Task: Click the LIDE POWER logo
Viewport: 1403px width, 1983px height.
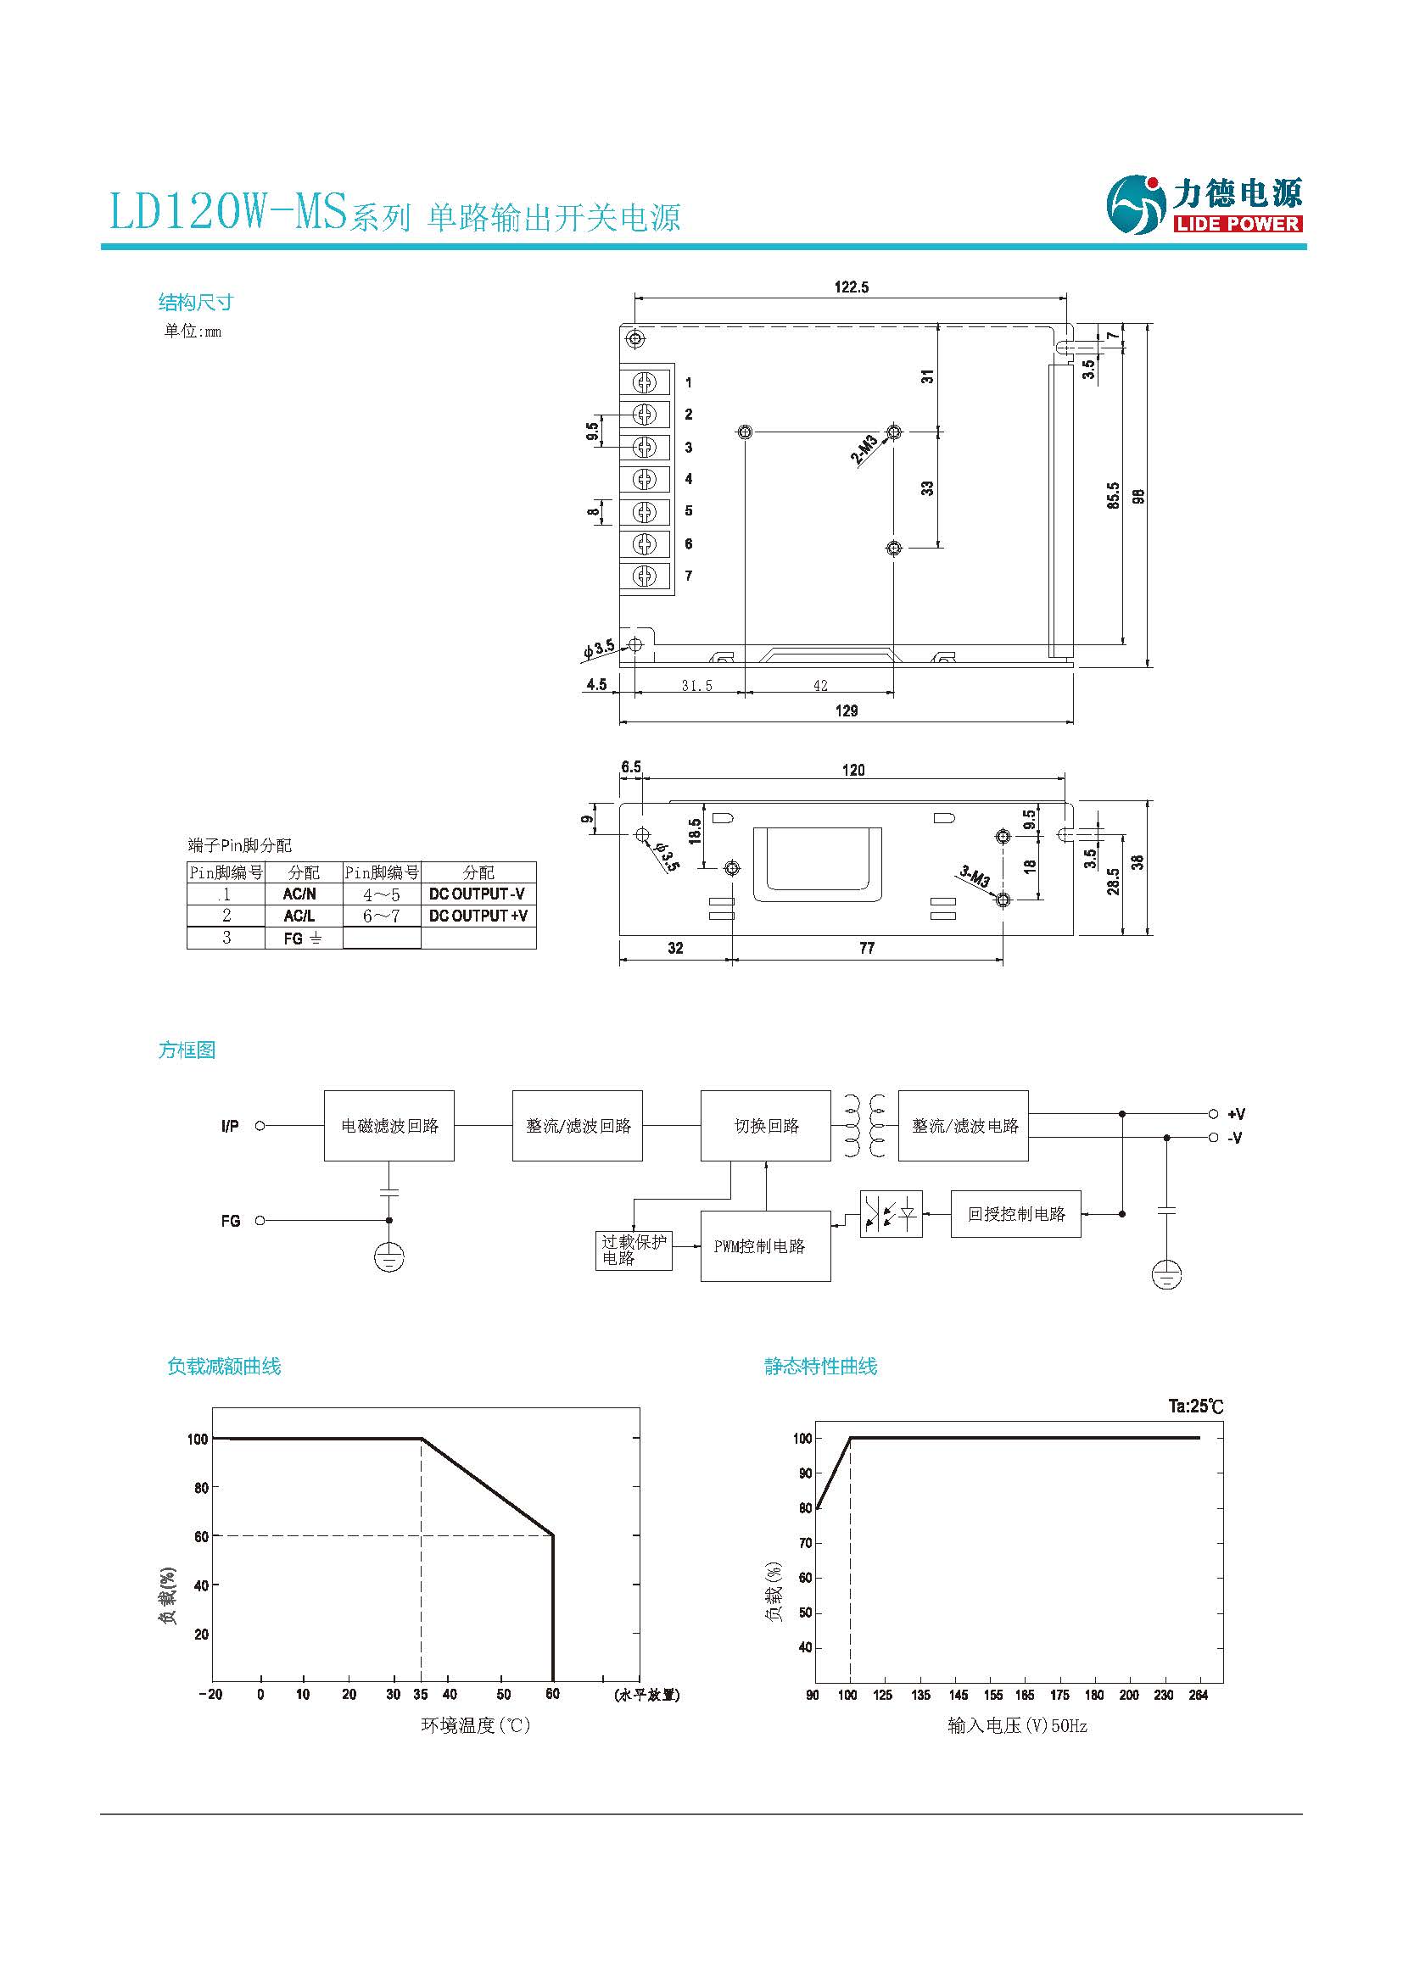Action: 1205,204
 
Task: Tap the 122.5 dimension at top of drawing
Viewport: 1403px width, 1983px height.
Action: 851,287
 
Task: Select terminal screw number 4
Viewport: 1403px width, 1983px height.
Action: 645,479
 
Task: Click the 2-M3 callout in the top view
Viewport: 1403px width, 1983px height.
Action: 864,449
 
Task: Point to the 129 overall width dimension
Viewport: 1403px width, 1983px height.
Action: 846,710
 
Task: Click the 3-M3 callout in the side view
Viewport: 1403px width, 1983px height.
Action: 975,877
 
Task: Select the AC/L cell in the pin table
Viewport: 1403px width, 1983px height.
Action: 299,916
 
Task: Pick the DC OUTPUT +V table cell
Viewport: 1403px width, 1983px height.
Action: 478,916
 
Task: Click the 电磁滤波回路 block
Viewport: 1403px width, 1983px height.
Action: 388,1125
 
